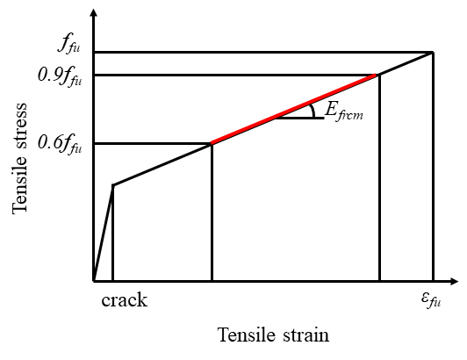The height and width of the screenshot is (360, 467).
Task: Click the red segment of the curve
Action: pyautogui.click(x=293, y=110)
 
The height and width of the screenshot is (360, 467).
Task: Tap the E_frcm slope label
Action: pyautogui.click(x=344, y=112)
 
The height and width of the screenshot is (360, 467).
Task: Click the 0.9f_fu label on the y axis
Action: pyautogui.click(x=60, y=76)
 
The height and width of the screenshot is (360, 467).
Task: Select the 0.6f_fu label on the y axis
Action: pyautogui.click(x=60, y=143)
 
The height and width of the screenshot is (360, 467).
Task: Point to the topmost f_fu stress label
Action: pyautogui.click(x=68, y=46)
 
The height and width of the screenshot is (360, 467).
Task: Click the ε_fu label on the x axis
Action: pyautogui.click(x=431, y=299)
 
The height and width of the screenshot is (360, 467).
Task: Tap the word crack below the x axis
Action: pyautogui.click(x=124, y=300)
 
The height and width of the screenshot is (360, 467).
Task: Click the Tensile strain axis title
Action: pyautogui.click(x=274, y=335)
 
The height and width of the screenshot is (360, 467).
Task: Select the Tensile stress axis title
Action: pyautogui.click(x=20, y=159)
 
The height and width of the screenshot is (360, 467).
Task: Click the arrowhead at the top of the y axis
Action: pyautogui.click(x=94, y=12)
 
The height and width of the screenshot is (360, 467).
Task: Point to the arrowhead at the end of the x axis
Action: pyautogui.click(x=454, y=281)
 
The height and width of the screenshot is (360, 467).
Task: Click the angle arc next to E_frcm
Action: pyautogui.click(x=313, y=112)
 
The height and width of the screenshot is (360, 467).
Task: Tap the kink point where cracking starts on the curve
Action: pyautogui.click(x=113, y=185)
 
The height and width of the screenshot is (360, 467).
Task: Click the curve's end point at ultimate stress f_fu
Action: pyautogui.click(x=433, y=53)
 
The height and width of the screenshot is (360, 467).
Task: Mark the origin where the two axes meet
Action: pyautogui.click(x=94, y=281)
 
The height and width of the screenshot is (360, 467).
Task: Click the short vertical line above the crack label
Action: pyautogui.click(x=113, y=233)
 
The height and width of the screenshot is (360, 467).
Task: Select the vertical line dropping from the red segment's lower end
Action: pyautogui.click(x=212, y=212)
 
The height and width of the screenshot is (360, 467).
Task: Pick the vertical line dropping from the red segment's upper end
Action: pyautogui.click(x=379, y=178)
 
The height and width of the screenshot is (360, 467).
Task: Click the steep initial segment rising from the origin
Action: pyautogui.click(x=104, y=233)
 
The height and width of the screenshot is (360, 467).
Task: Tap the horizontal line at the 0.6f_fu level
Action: pyautogui.click(x=153, y=144)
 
